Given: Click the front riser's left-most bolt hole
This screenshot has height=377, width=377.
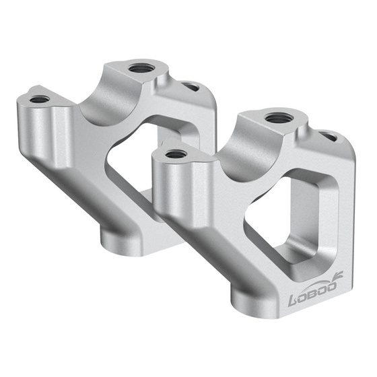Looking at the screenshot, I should (176, 154).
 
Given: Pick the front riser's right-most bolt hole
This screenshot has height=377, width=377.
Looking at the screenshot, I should (329, 137).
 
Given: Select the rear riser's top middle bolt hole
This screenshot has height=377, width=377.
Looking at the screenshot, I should (141, 68).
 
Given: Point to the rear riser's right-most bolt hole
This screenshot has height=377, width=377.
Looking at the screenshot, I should (191, 86).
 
